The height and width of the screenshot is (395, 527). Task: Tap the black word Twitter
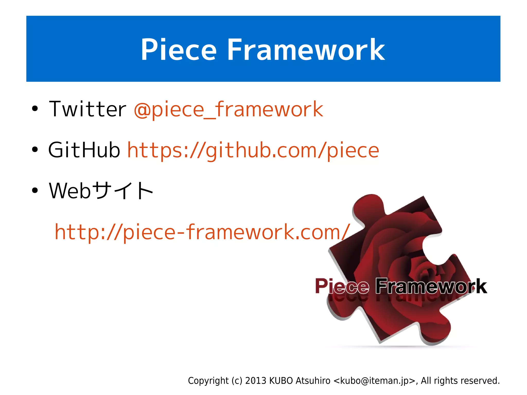coord(87,109)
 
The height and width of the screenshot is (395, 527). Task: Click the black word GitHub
coord(84,150)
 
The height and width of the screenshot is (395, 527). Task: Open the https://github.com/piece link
coord(253,151)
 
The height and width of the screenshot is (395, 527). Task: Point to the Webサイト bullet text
coord(101,191)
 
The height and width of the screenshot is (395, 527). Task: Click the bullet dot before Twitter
coord(35,109)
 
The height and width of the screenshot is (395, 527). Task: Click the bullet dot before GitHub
coord(35,150)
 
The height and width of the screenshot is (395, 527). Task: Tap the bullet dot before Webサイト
coord(35,191)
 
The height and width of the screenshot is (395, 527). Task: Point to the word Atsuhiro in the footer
coord(313,381)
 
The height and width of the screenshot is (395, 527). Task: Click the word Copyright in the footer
coord(208,381)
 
